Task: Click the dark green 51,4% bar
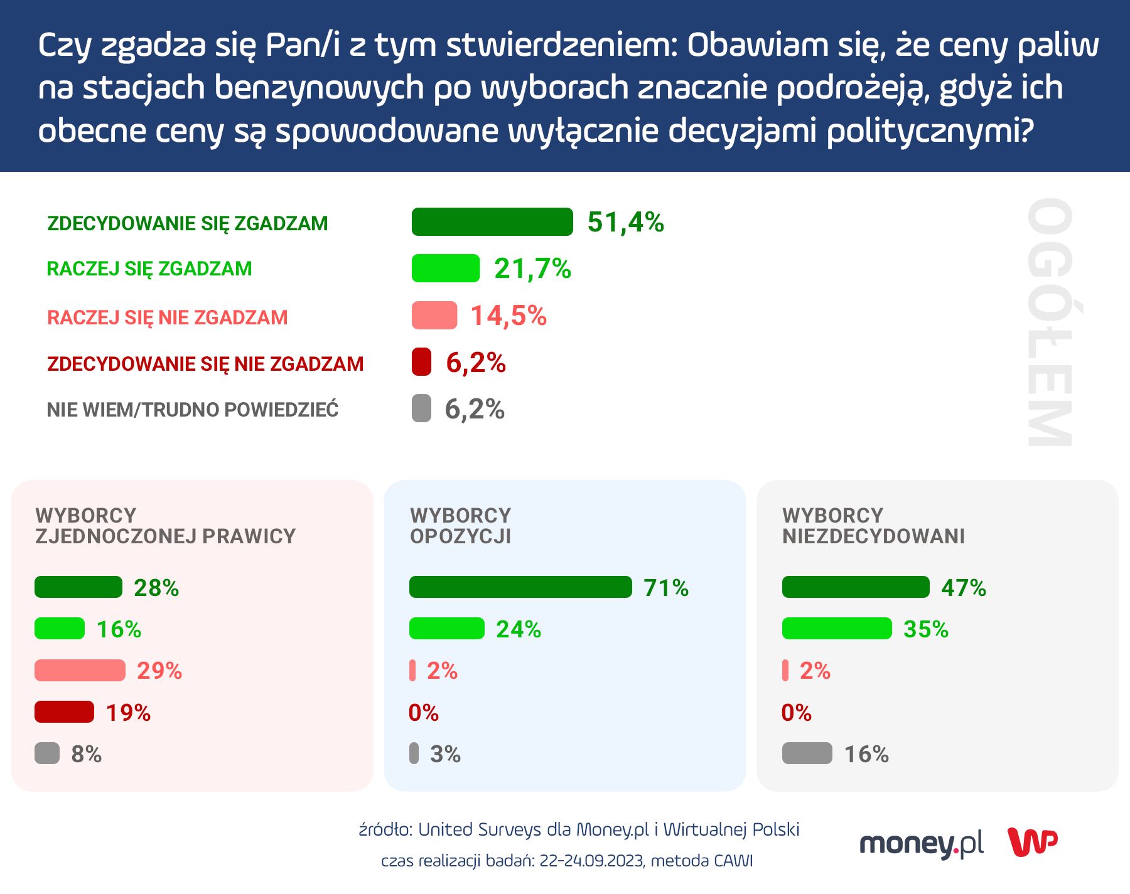click(x=492, y=222)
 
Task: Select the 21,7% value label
click(x=532, y=269)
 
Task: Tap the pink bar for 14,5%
click(x=434, y=316)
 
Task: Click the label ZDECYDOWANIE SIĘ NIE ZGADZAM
click(x=205, y=364)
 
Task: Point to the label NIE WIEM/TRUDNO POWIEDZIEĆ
click(x=193, y=410)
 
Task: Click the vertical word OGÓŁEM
click(x=1049, y=322)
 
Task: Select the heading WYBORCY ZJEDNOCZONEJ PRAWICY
click(x=165, y=526)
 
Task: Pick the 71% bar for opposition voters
click(x=520, y=587)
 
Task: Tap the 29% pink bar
click(x=80, y=671)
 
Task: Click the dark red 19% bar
click(x=64, y=712)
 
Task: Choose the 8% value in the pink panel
click(x=86, y=754)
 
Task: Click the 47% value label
click(x=964, y=588)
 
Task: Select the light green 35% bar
click(x=837, y=629)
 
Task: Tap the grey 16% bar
click(x=807, y=753)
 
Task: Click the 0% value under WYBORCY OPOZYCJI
click(x=423, y=713)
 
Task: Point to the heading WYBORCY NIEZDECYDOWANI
click(x=873, y=526)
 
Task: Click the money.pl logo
click(x=921, y=844)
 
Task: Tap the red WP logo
click(x=1032, y=843)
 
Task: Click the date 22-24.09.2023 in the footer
click(x=591, y=861)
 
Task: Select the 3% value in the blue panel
click(x=445, y=754)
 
